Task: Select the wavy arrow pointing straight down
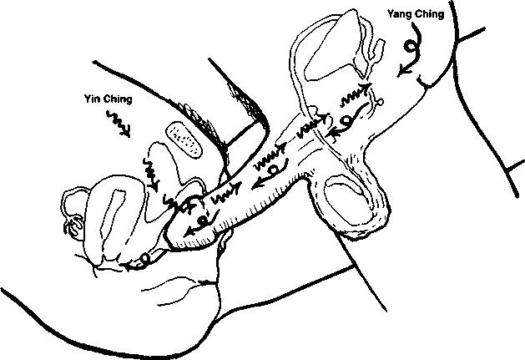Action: pyautogui.click(x=154, y=172)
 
